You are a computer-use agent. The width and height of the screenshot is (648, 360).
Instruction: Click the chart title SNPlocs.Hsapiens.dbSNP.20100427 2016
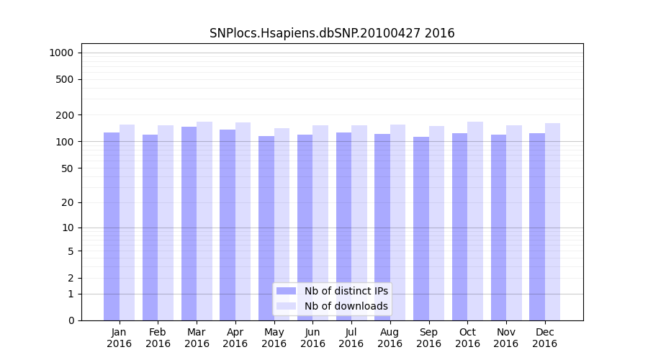point(332,33)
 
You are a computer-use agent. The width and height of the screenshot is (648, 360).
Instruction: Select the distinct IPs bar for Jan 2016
point(112,226)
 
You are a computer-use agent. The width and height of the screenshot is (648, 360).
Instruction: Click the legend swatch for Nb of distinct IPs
point(287,291)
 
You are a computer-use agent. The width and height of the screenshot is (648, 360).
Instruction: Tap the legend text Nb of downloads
point(346,306)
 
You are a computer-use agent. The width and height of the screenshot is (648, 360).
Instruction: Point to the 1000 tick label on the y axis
point(61,53)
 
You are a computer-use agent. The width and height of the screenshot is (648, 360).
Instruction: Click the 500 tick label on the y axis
point(66,79)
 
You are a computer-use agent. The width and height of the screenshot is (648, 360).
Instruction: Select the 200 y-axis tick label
point(66,115)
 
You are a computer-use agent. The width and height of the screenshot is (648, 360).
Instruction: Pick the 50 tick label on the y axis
point(68,168)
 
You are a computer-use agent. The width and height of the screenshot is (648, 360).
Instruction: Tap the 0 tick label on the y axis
point(71,320)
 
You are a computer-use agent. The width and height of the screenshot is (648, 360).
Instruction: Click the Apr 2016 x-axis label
point(235,338)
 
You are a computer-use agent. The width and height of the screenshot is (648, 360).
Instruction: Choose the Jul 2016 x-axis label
point(351,338)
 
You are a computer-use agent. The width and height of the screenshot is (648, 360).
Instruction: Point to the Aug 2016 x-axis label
point(390,338)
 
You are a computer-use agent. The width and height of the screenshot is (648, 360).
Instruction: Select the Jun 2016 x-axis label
point(312,338)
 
